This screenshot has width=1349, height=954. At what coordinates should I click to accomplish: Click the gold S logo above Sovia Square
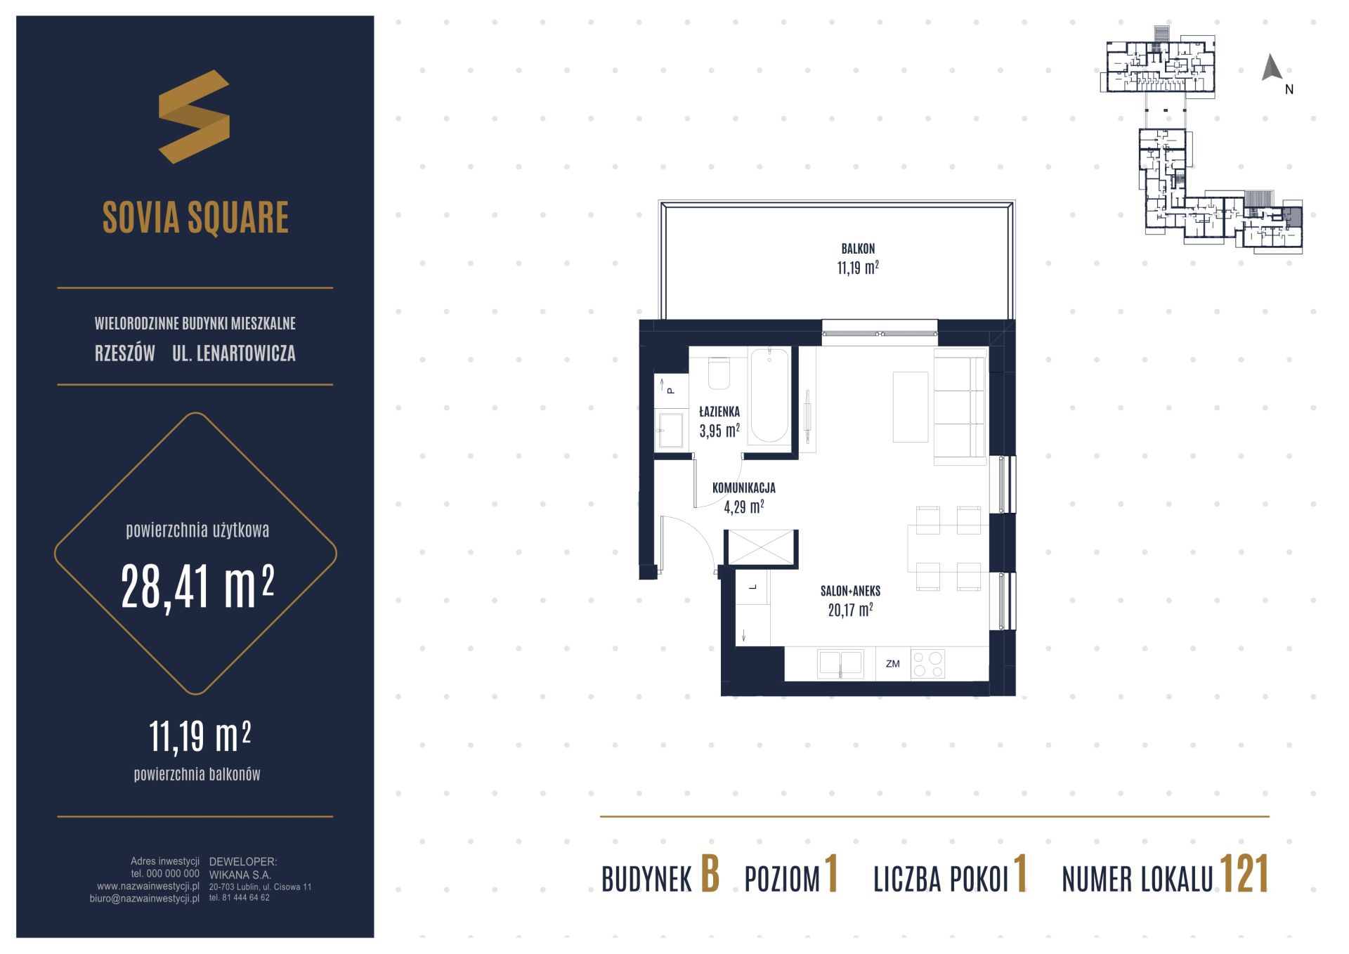(194, 117)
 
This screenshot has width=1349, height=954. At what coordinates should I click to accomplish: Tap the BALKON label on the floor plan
(858, 249)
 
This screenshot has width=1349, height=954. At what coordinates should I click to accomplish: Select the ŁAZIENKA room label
(719, 412)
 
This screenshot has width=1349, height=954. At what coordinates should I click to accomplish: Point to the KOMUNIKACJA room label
(743, 488)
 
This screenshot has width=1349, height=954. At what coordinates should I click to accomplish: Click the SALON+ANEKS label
(850, 592)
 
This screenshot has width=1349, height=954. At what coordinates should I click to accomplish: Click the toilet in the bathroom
(719, 373)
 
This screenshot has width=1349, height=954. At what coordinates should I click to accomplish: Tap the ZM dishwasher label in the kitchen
(892, 663)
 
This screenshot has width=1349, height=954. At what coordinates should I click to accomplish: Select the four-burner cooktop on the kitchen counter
(927, 664)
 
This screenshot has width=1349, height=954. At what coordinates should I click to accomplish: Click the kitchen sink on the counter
(840, 664)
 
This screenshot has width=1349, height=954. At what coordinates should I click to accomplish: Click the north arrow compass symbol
(1272, 67)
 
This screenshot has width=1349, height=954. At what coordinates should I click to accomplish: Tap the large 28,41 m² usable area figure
(197, 587)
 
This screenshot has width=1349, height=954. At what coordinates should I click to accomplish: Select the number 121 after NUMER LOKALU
(1244, 875)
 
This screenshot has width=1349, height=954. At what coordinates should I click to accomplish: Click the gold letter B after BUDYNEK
(710, 875)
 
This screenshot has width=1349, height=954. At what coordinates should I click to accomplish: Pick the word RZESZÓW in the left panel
(124, 353)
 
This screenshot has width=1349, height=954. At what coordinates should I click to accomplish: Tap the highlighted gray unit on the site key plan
(1292, 217)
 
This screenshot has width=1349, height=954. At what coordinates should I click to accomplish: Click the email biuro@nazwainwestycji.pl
(144, 899)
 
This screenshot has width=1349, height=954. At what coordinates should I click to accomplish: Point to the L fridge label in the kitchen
(753, 587)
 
